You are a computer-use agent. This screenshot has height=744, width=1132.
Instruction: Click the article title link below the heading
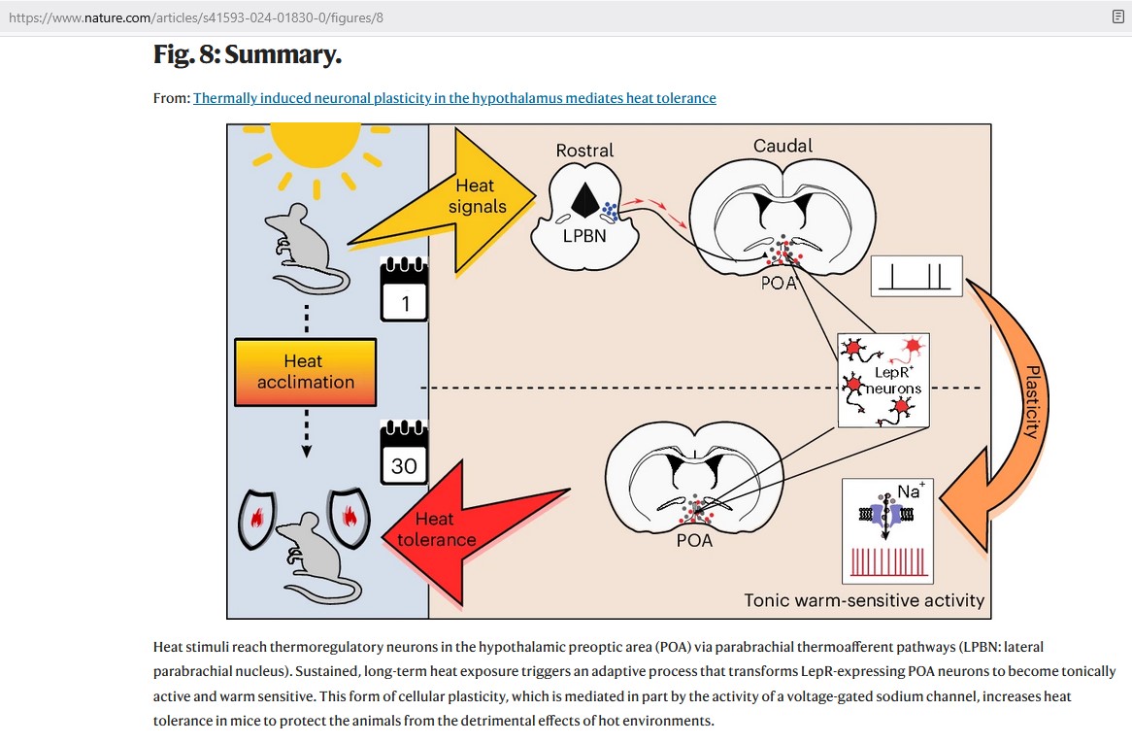pyautogui.click(x=454, y=98)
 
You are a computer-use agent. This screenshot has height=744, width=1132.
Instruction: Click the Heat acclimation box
pyautogui.click(x=305, y=372)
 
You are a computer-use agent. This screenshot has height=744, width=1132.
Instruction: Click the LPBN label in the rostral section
pyautogui.click(x=583, y=233)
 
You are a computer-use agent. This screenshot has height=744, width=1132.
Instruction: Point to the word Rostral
pyautogui.click(x=584, y=151)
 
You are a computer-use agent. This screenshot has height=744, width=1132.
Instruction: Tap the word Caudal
pyautogui.click(x=782, y=147)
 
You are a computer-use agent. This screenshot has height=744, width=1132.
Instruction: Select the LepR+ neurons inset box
pyautogui.click(x=882, y=380)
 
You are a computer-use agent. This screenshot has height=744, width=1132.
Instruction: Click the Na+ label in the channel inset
pyautogui.click(x=910, y=492)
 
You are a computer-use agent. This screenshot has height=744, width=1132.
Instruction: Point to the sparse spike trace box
pyautogui.click(x=916, y=276)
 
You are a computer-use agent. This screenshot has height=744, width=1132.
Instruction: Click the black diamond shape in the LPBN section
pyautogui.click(x=583, y=198)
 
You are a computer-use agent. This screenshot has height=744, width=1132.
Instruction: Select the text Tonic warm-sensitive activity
pyautogui.click(x=864, y=600)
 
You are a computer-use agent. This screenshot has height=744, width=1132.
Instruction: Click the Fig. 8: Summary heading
pyautogui.click(x=248, y=54)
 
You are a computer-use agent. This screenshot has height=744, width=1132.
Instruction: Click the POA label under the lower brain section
pyautogui.click(x=694, y=540)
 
